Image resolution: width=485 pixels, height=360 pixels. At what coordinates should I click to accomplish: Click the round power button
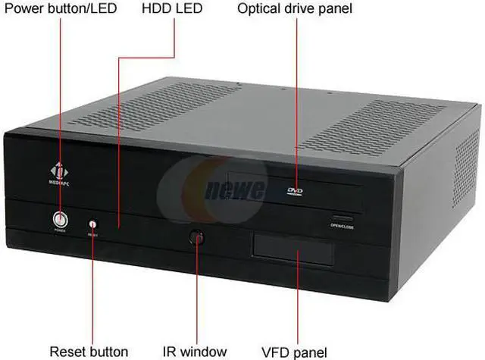pos(60,220)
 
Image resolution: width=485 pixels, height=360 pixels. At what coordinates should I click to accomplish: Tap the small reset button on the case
pos(94,224)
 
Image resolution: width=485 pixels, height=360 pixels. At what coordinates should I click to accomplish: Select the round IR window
pos(198,237)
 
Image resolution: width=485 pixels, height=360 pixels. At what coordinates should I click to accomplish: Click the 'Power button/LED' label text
pos(60,10)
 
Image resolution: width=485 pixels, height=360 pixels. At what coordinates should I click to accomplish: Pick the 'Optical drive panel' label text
pos(296,10)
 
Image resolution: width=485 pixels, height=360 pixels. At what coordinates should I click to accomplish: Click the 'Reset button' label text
pos(89,351)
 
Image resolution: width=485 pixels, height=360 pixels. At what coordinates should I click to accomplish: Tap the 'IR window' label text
pos(195,351)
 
